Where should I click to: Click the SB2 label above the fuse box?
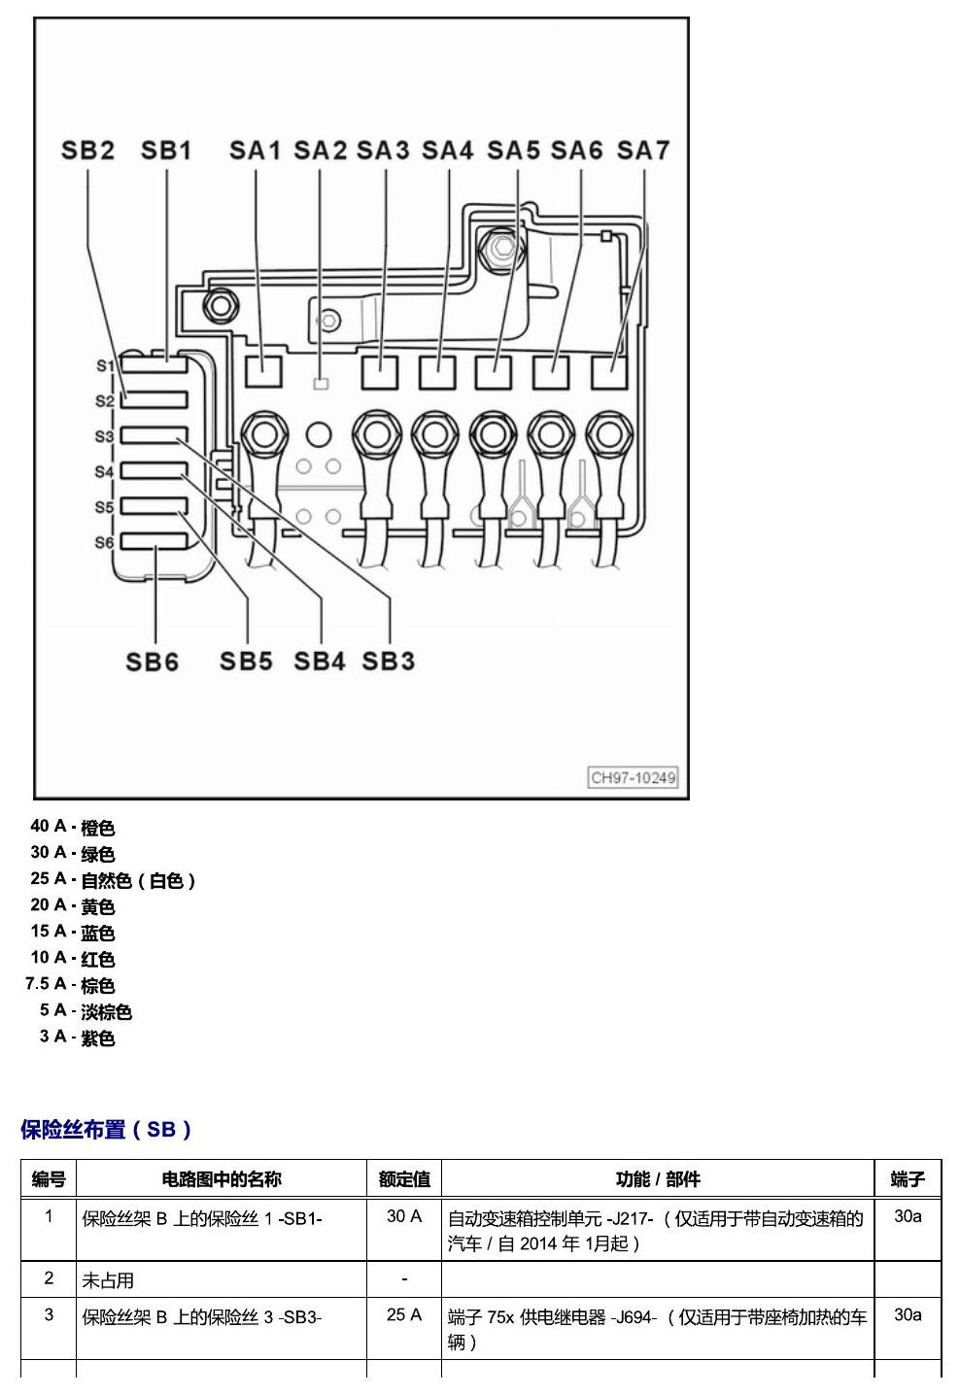pos(87,151)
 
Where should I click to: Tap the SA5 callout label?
pos(513,151)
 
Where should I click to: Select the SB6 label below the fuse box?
pos(152,662)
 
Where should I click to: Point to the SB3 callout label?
pos(388,662)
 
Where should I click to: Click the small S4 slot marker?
pos(104,472)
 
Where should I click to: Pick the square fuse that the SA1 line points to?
pos(263,372)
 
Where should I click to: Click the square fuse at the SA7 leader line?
pos(609,372)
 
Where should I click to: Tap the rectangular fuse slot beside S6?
pos(154,541)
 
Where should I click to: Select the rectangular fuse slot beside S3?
pos(154,435)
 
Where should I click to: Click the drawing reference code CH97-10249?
pos(633,778)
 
